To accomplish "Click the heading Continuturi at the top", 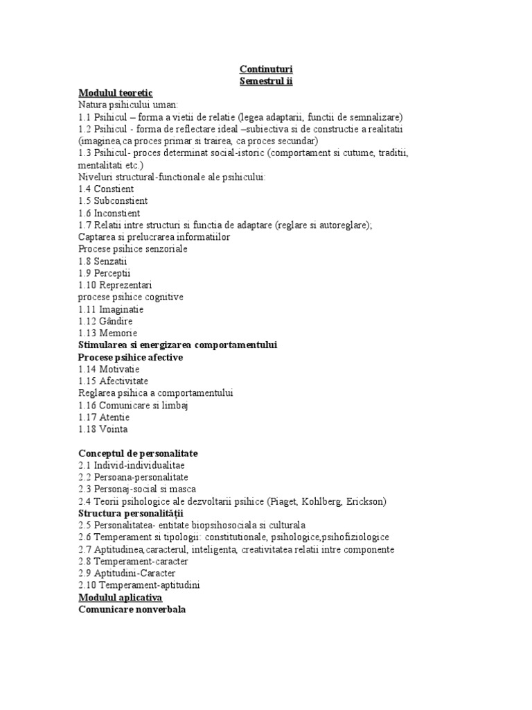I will [265, 69].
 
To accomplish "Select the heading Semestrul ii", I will [265, 81].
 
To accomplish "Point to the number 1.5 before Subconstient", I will [86, 201].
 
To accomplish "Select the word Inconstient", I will [120, 213].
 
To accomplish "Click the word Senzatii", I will [115, 261].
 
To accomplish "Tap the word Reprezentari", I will [126, 285].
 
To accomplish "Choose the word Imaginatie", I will [123, 309].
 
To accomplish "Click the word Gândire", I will [116, 321].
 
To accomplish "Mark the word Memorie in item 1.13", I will [118, 334].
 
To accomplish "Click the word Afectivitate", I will [124, 381].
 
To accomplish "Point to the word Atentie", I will [114, 417].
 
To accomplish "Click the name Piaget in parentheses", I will [300, 501].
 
